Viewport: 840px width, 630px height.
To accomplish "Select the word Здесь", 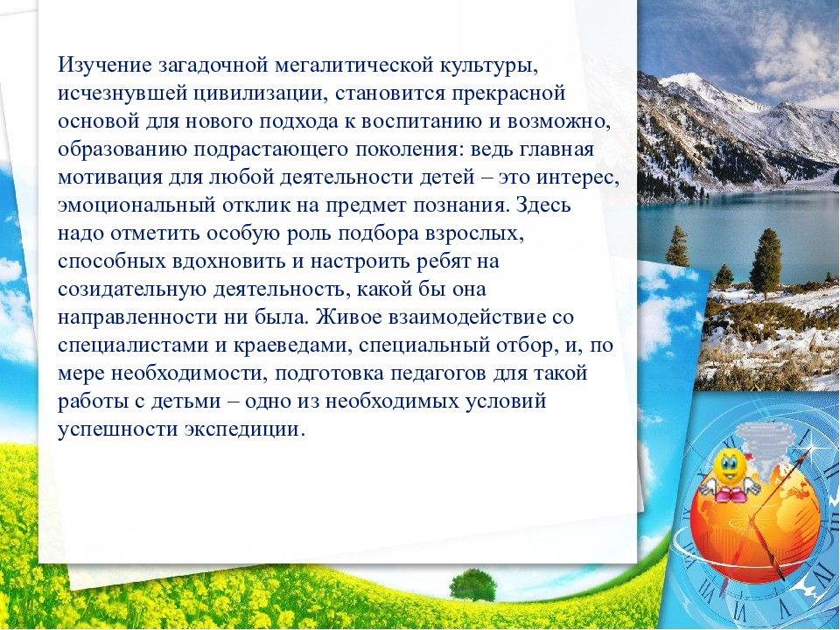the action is (x=542, y=205).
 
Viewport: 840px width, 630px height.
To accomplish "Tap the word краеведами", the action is (x=292, y=346).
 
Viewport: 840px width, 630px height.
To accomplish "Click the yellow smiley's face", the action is (x=727, y=465).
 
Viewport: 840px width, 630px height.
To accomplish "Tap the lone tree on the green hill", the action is (x=472, y=585).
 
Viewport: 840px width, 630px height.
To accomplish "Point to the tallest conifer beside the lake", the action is (x=766, y=262).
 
